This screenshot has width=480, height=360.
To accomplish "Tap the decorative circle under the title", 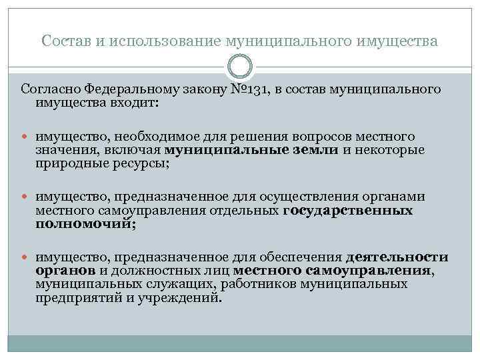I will coord(239,66).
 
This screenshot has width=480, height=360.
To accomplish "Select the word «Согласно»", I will coord(48,89).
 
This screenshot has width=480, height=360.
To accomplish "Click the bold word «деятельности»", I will coord(397,257).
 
